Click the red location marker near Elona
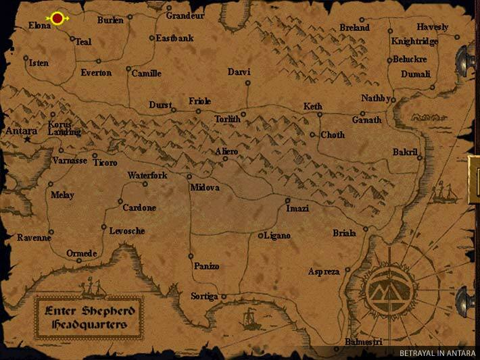click(58, 18)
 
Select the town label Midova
click(206, 187)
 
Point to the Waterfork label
click(147, 176)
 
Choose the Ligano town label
click(278, 235)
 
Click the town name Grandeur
click(186, 15)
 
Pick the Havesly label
click(433, 27)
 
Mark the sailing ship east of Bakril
click(445, 193)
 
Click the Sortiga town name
click(204, 297)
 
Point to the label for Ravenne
click(34, 238)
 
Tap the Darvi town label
click(239, 72)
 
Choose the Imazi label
click(297, 209)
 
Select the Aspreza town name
click(324, 272)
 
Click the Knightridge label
click(414, 41)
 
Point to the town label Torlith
click(227, 119)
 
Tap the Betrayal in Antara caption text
click(437, 353)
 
